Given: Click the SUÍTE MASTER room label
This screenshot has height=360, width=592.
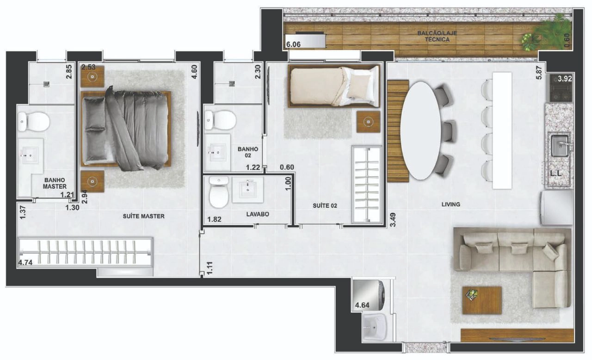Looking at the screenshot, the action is (143, 216).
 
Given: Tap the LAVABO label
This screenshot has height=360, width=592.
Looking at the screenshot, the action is (258, 214).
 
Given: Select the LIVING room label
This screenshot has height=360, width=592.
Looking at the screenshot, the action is (451, 205).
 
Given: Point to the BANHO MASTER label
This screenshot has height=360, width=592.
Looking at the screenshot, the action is (55, 183).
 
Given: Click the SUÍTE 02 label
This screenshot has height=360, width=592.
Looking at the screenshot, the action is (325, 205).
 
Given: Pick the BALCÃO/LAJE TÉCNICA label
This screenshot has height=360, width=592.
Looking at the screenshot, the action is (437, 37).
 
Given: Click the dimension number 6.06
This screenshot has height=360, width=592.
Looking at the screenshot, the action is (293, 44).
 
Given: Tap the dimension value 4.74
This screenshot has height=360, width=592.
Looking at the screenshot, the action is (25, 262).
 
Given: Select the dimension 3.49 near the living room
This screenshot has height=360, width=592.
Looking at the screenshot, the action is (393, 220).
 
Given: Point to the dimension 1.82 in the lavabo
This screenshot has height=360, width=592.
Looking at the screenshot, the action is (214, 219).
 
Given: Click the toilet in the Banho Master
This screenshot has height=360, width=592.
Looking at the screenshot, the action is (33, 122).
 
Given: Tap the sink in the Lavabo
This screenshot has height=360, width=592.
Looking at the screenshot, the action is (247, 190).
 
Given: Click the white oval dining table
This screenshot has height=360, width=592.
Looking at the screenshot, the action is (421, 130).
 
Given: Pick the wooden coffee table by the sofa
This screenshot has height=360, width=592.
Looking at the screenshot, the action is (482, 300).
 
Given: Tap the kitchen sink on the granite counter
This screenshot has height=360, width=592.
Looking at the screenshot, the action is (560, 146).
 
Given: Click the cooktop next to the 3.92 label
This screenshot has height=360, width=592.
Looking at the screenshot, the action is (561, 88).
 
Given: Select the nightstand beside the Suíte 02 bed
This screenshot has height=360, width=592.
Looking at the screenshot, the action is (368, 122).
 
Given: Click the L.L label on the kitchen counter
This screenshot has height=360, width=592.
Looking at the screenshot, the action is (556, 173).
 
